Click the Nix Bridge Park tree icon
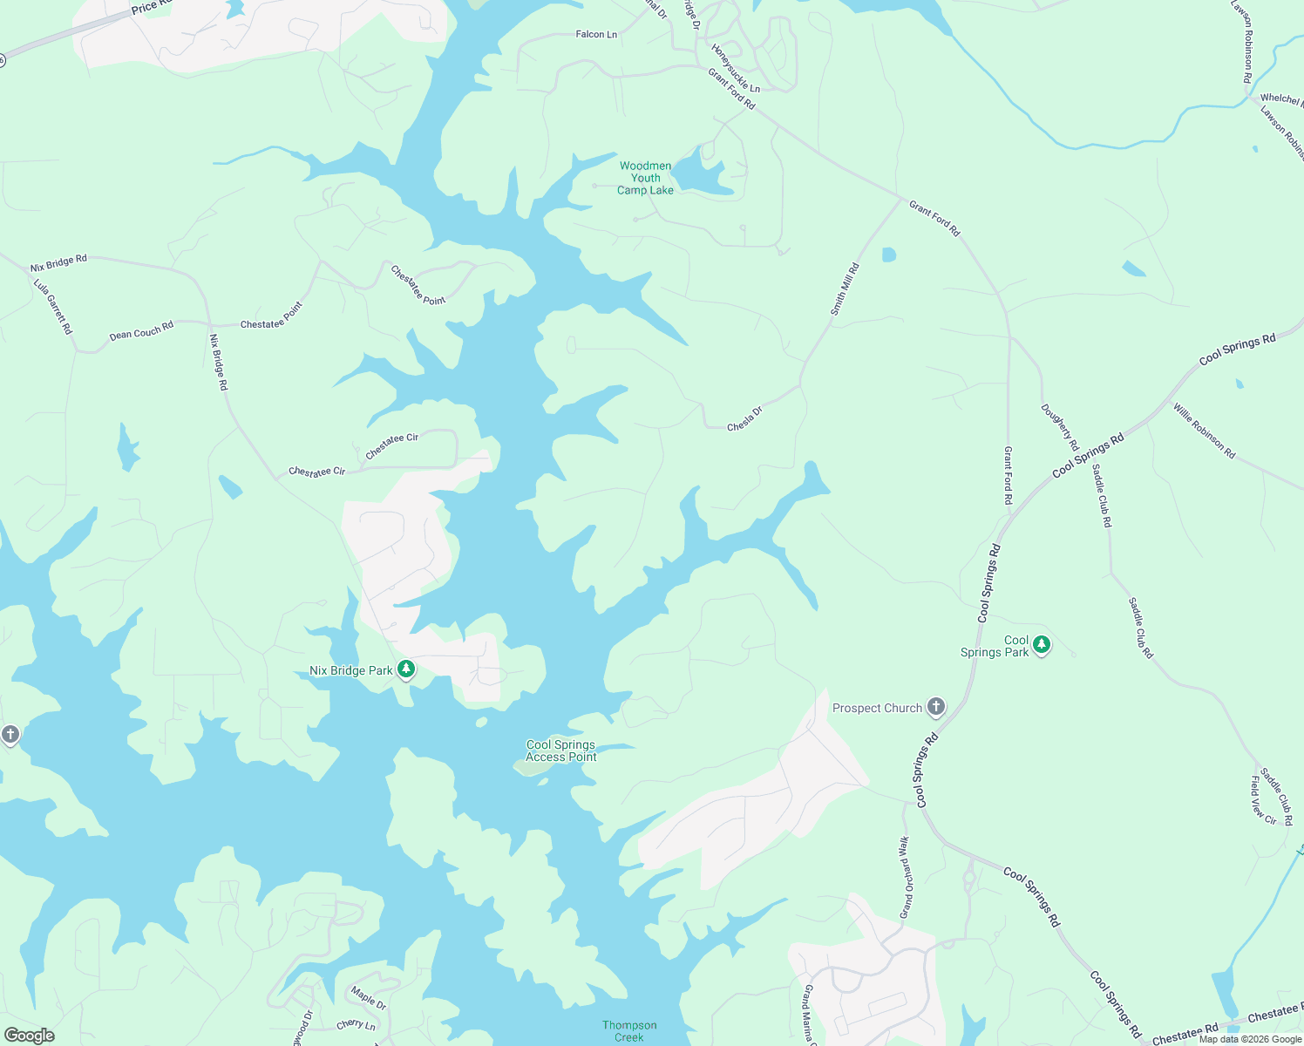[x=405, y=669]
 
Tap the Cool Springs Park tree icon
[x=1041, y=646]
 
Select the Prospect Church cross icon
[x=936, y=707]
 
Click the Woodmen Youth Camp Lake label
[x=645, y=178]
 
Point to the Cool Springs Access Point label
[x=561, y=751]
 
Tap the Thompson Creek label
[x=629, y=1030]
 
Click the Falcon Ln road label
[x=596, y=34]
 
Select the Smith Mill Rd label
[x=845, y=289]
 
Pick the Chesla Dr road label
[x=744, y=418]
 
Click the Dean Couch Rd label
[x=141, y=330]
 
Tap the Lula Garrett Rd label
[x=53, y=306]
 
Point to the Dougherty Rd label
[x=1059, y=427]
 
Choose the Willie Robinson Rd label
[x=1204, y=431]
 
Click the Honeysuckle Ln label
[x=736, y=69]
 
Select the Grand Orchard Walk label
[x=906, y=877]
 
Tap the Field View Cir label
[x=1263, y=800]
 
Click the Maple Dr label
[x=369, y=997]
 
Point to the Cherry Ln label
[x=356, y=1024]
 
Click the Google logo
[x=29, y=1036]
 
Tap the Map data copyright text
[x=1250, y=1039]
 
